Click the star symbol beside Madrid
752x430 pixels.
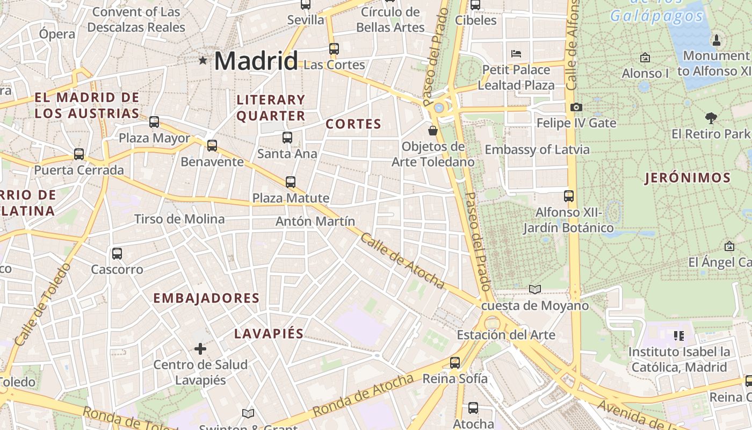(x=203, y=60)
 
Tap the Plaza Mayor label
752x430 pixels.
(x=154, y=138)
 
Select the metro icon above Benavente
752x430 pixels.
(x=212, y=145)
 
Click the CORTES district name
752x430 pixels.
(x=353, y=124)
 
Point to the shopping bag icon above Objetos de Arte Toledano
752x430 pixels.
(x=432, y=130)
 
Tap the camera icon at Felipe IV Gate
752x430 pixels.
(x=576, y=107)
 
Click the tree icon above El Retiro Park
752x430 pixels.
(x=711, y=118)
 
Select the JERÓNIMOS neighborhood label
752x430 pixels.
(x=688, y=178)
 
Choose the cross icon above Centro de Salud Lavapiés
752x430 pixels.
(x=200, y=349)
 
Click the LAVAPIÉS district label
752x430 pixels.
(x=269, y=334)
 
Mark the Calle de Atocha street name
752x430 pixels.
(x=402, y=261)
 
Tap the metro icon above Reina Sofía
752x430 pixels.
(x=455, y=363)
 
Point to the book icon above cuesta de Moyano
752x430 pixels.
(x=535, y=290)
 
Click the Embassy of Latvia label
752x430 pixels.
(x=537, y=149)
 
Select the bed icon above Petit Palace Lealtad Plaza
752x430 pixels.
(x=516, y=53)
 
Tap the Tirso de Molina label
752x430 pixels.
(x=179, y=219)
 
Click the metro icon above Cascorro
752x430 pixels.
(x=117, y=253)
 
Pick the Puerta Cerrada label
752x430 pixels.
(x=79, y=170)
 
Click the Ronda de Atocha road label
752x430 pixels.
(x=363, y=395)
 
